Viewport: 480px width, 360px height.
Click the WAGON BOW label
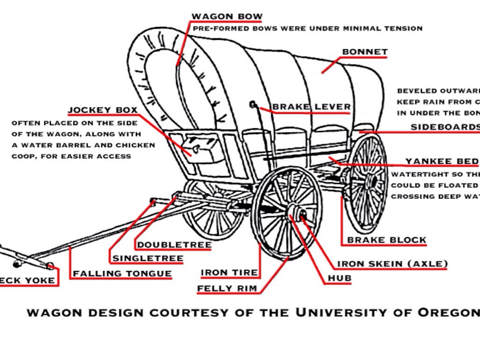(227, 17)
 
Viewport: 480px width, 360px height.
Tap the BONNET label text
(365, 52)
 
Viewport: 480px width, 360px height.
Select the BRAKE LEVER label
(311, 107)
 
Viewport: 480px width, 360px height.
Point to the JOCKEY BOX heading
(103, 111)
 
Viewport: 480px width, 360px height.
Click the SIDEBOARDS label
(445, 127)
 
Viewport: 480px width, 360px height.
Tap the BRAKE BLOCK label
(387, 240)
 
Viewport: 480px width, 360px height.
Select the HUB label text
(339, 278)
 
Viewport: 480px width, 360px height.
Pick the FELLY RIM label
(227, 289)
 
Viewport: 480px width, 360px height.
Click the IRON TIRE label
(229, 272)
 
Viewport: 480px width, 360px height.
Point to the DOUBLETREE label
(174, 245)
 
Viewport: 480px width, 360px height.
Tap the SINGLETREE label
(148, 258)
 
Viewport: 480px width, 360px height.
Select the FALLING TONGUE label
(122, 273)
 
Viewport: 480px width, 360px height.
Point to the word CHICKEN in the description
(135, 145)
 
